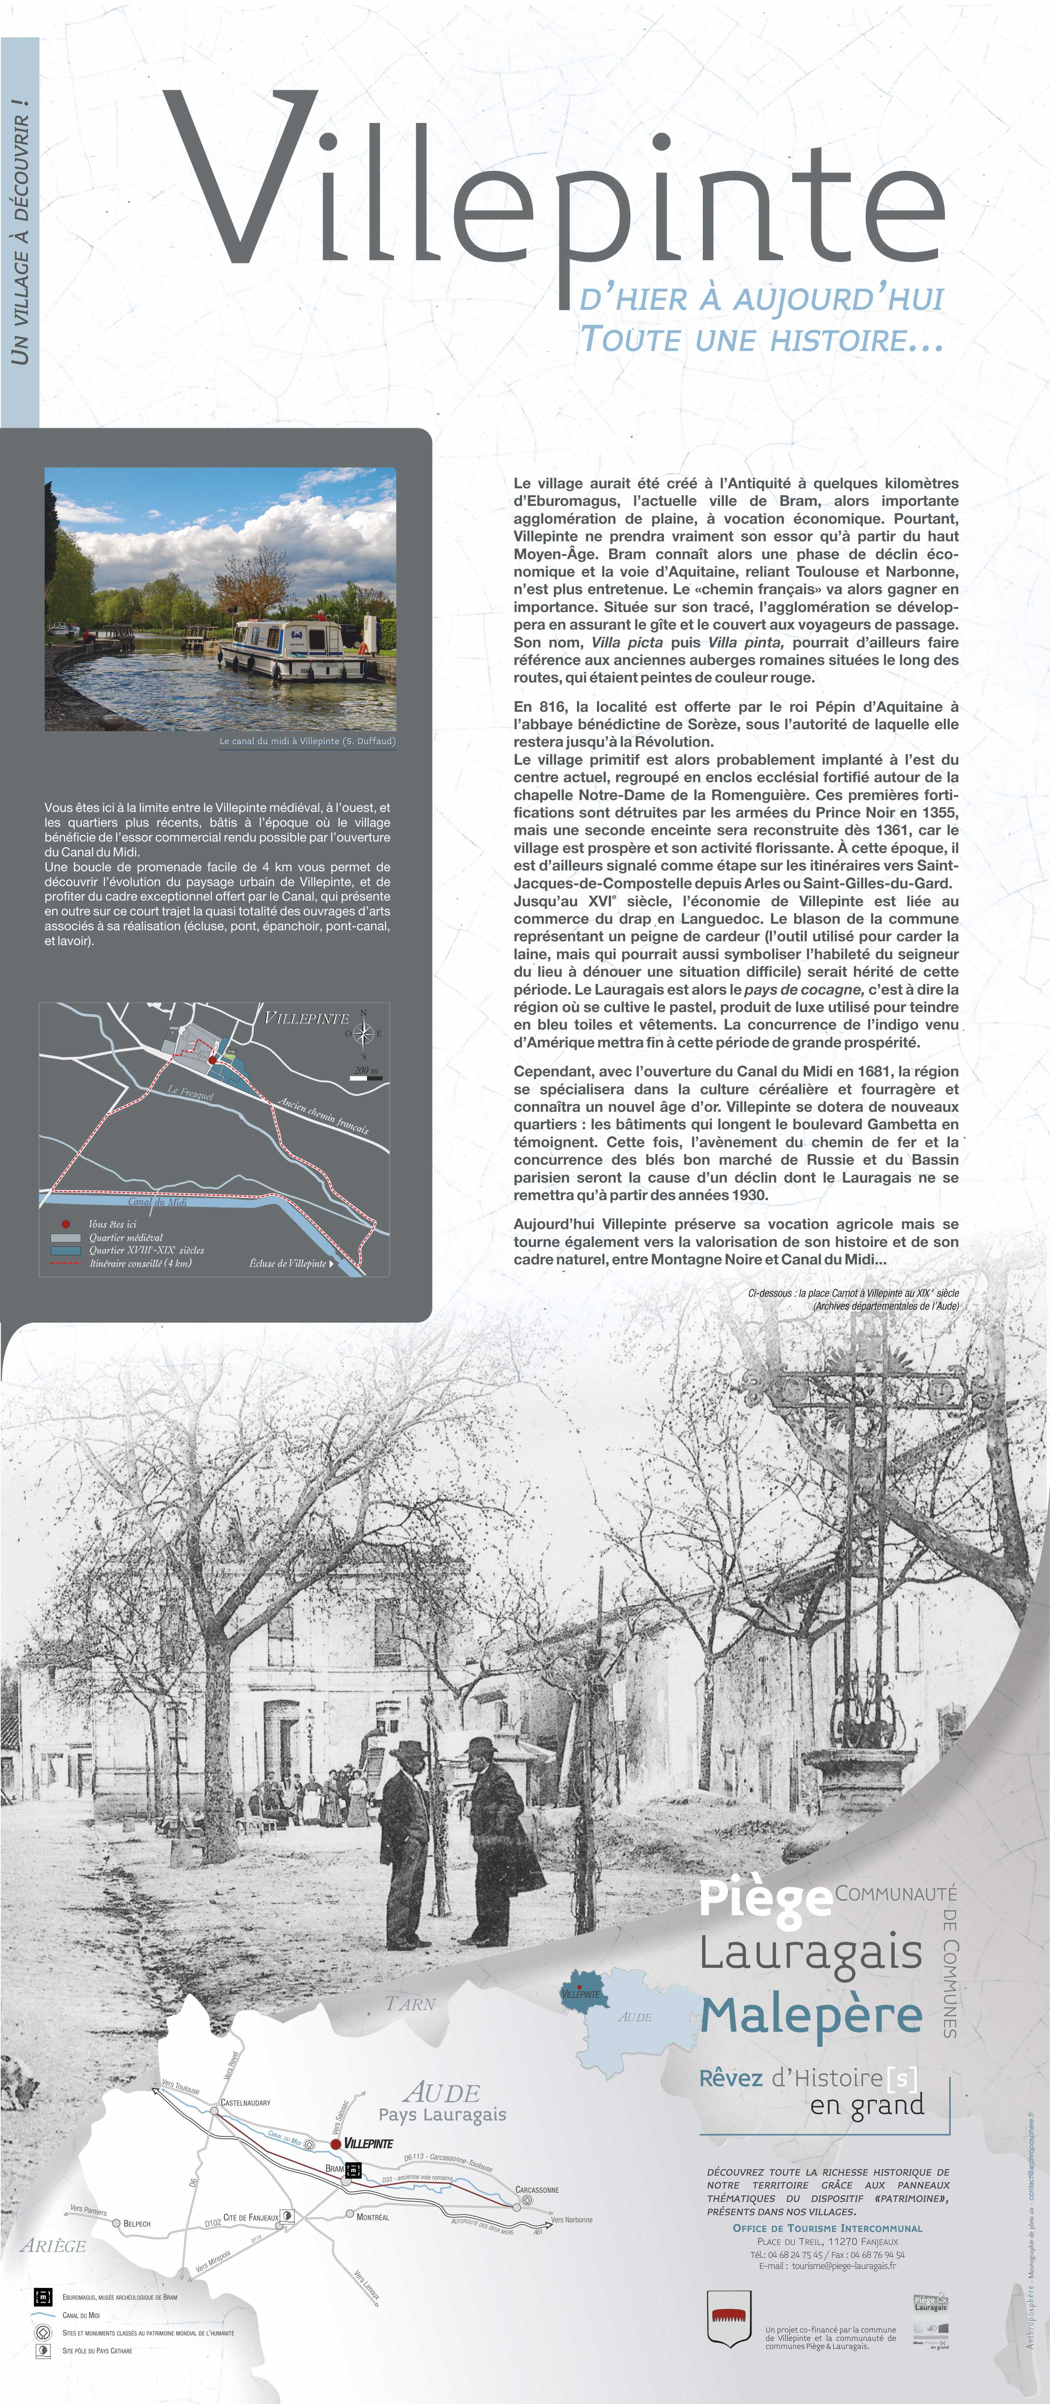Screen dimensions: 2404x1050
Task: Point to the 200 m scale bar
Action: click(366, 1077)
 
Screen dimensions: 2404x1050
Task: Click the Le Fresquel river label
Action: click(190, 1092)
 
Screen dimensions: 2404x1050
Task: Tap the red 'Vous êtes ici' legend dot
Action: click(65, 1223)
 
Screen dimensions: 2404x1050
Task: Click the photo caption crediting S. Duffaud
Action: click(307, 741)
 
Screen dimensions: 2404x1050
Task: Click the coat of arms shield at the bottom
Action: click(729, 2318)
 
